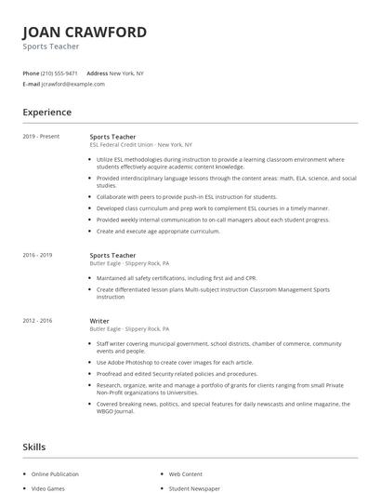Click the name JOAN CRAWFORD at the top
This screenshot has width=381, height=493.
85,33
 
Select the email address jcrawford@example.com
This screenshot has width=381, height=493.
73,84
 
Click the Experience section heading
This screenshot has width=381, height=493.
47,113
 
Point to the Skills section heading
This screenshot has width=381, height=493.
34,447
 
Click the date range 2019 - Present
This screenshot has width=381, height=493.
42,137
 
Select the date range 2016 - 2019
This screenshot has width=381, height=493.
39,254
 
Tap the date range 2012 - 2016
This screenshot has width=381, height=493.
39,321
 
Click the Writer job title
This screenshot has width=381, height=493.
99,321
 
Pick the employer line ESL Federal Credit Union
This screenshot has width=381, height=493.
122,145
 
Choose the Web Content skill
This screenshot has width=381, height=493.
186,473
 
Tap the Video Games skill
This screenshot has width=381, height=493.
48,487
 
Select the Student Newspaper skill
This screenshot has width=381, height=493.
194,487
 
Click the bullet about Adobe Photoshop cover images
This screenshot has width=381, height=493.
176,362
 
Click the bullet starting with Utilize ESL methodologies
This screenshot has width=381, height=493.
219,163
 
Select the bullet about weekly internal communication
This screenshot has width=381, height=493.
213,220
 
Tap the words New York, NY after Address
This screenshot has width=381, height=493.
126,73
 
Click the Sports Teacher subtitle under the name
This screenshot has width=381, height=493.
51,47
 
